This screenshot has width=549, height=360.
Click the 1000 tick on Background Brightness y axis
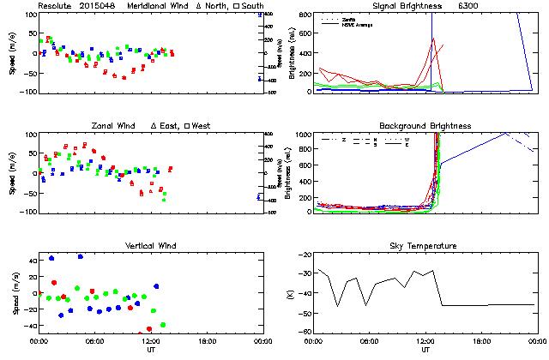(x=303, y=135)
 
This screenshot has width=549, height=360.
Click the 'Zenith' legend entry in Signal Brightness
(x=351, y=18)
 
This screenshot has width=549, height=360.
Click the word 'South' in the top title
(x=251, y=6)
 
